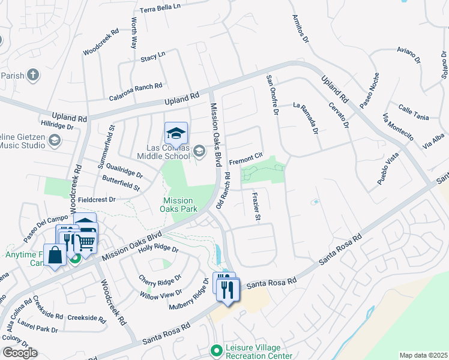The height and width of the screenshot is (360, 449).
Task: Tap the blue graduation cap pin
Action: click(176, 133)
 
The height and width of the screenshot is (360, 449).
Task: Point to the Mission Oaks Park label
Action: click(179, 205)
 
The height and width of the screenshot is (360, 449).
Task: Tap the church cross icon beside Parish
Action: click(33, 76)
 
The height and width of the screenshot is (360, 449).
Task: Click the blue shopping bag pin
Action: click(55, 255)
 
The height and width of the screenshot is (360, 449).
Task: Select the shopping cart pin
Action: click(86, 242)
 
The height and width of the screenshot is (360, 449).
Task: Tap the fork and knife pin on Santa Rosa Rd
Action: click(228, 290)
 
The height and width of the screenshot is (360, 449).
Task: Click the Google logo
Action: click(19, 353)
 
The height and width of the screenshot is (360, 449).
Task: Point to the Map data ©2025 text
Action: click(423, 355)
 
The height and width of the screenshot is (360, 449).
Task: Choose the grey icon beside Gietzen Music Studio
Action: click(55, 140)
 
